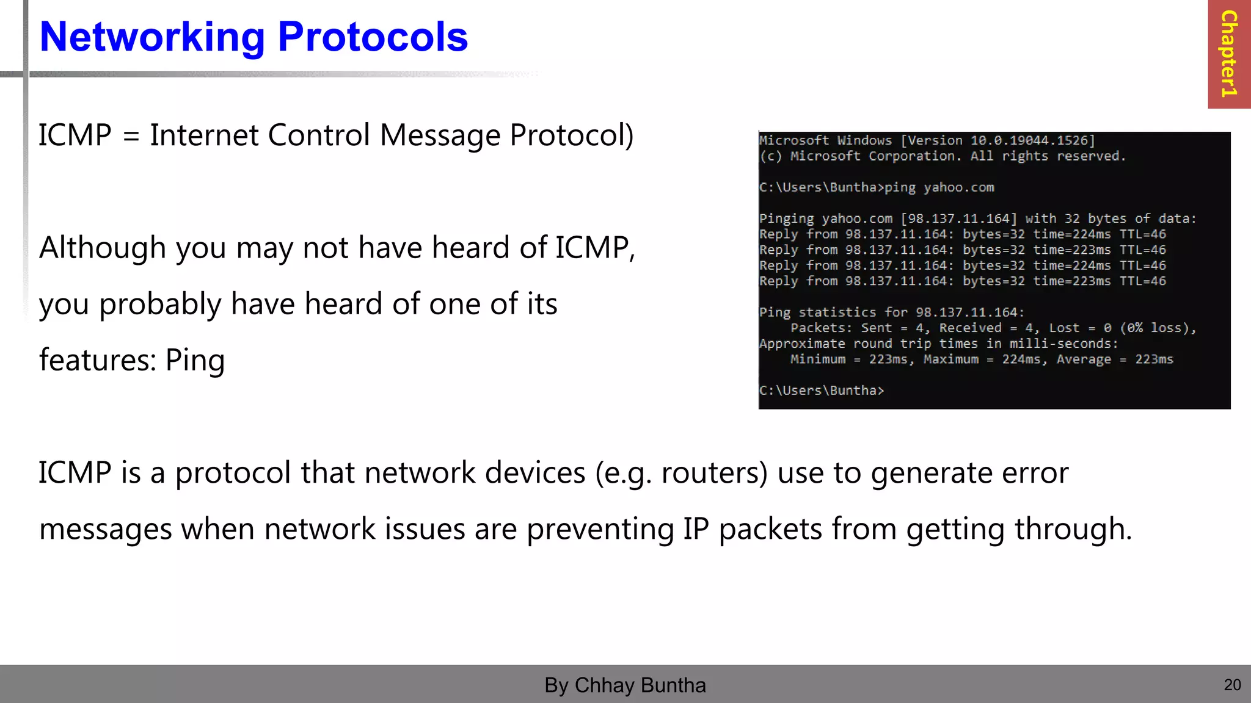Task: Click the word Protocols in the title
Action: [x=373, y=38]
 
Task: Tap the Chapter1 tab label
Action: [x=1228, y=54]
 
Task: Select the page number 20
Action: [x=1232, y=685]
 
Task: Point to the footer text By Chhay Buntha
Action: [x=625, y=685]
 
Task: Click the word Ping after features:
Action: [x=195, y=360]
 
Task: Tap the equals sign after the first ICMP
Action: [x=131, y=135]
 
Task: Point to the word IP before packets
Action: [x=696, y=529]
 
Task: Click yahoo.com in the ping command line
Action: [x=958, y=187]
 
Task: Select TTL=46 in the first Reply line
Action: [x=1142, y=234]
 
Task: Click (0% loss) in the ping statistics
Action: [x=1156, y=328]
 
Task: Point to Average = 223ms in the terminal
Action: [x=1115, y=359]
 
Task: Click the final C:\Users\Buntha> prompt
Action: [x=822, y=391]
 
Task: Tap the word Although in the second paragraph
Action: [x=103, y=248]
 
